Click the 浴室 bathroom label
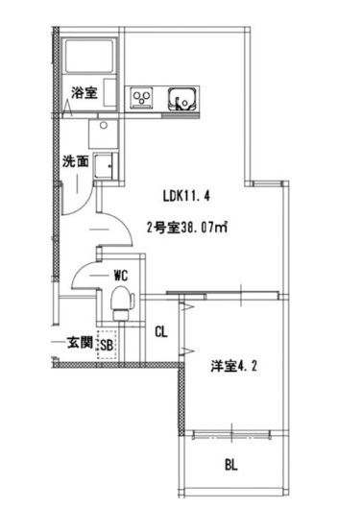pos(84,93)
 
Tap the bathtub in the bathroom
pos(89,57)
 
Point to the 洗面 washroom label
pos(76,161)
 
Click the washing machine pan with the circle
pos(104,133)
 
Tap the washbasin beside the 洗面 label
pos(105,166)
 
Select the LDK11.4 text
pos(186,196)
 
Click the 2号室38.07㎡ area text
pos(186,228)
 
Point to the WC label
pos(121,276)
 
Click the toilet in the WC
pos(122,302)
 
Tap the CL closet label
pos(161,331)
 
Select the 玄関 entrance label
pos(80,342)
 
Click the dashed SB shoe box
pos(107,345)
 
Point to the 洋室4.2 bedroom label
pos(233,367)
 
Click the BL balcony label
pos(231,465)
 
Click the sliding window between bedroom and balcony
pos(232,434)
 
